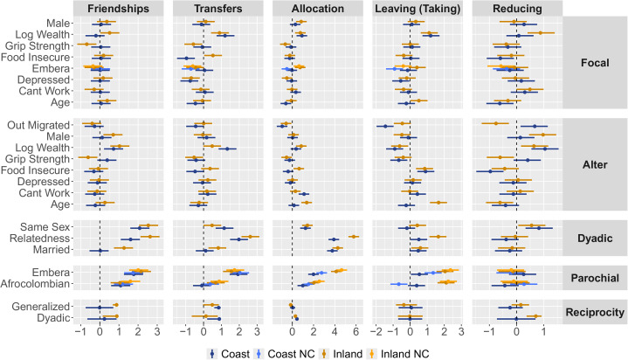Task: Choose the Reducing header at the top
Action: coord(516,8)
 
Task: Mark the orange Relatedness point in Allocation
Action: coord(354,236)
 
